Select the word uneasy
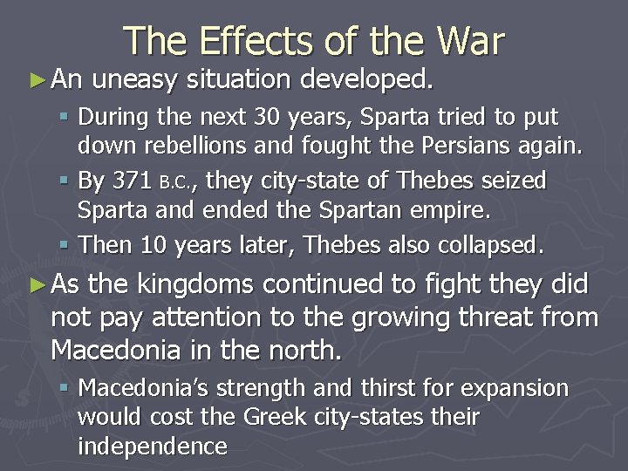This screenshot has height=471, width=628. (133, 80)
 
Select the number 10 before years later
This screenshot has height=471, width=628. (154, 246)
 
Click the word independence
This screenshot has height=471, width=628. (153, 447)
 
